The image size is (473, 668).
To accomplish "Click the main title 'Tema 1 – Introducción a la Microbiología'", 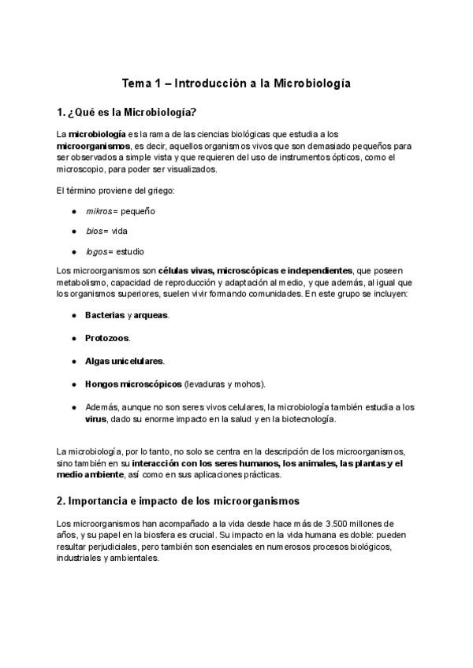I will click(x=236, y=82).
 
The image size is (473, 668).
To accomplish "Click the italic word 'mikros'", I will click(x=99, y=211).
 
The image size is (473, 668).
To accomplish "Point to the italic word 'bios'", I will click(x=95, y=231).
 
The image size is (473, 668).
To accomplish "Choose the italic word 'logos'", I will click(x=98, y=251).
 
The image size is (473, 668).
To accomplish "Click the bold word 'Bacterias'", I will click(x=105, y=315).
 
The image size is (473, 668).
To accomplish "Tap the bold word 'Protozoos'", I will click(x=107, y=338).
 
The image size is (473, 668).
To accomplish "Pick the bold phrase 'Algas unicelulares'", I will click(x=125, y=361).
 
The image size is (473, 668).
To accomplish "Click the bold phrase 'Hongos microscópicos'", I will click(x=133, y=384).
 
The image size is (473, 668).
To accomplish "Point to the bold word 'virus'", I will click(x=95, y=419).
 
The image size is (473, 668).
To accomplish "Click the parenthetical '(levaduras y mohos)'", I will click(x=225, y=384).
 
